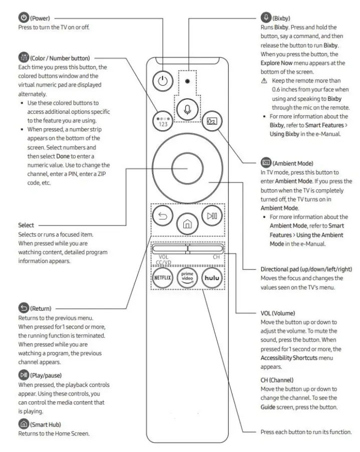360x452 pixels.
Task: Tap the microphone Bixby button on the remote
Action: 188,110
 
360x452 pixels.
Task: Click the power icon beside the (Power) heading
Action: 23,18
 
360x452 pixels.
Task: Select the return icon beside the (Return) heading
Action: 23,308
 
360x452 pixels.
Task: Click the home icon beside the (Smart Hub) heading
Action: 23,424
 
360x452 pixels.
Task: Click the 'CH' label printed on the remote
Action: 216,257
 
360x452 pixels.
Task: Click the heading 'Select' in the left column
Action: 26,225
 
